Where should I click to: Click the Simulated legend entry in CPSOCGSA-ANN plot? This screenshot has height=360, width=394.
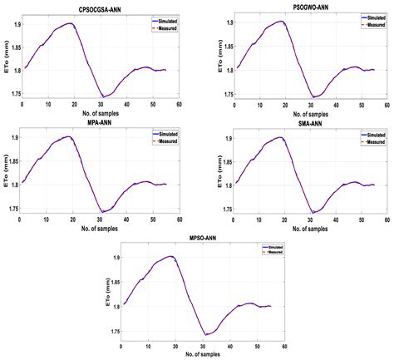160,18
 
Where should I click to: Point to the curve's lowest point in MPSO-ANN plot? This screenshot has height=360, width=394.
204,334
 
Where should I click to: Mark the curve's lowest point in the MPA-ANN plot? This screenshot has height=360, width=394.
102,211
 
